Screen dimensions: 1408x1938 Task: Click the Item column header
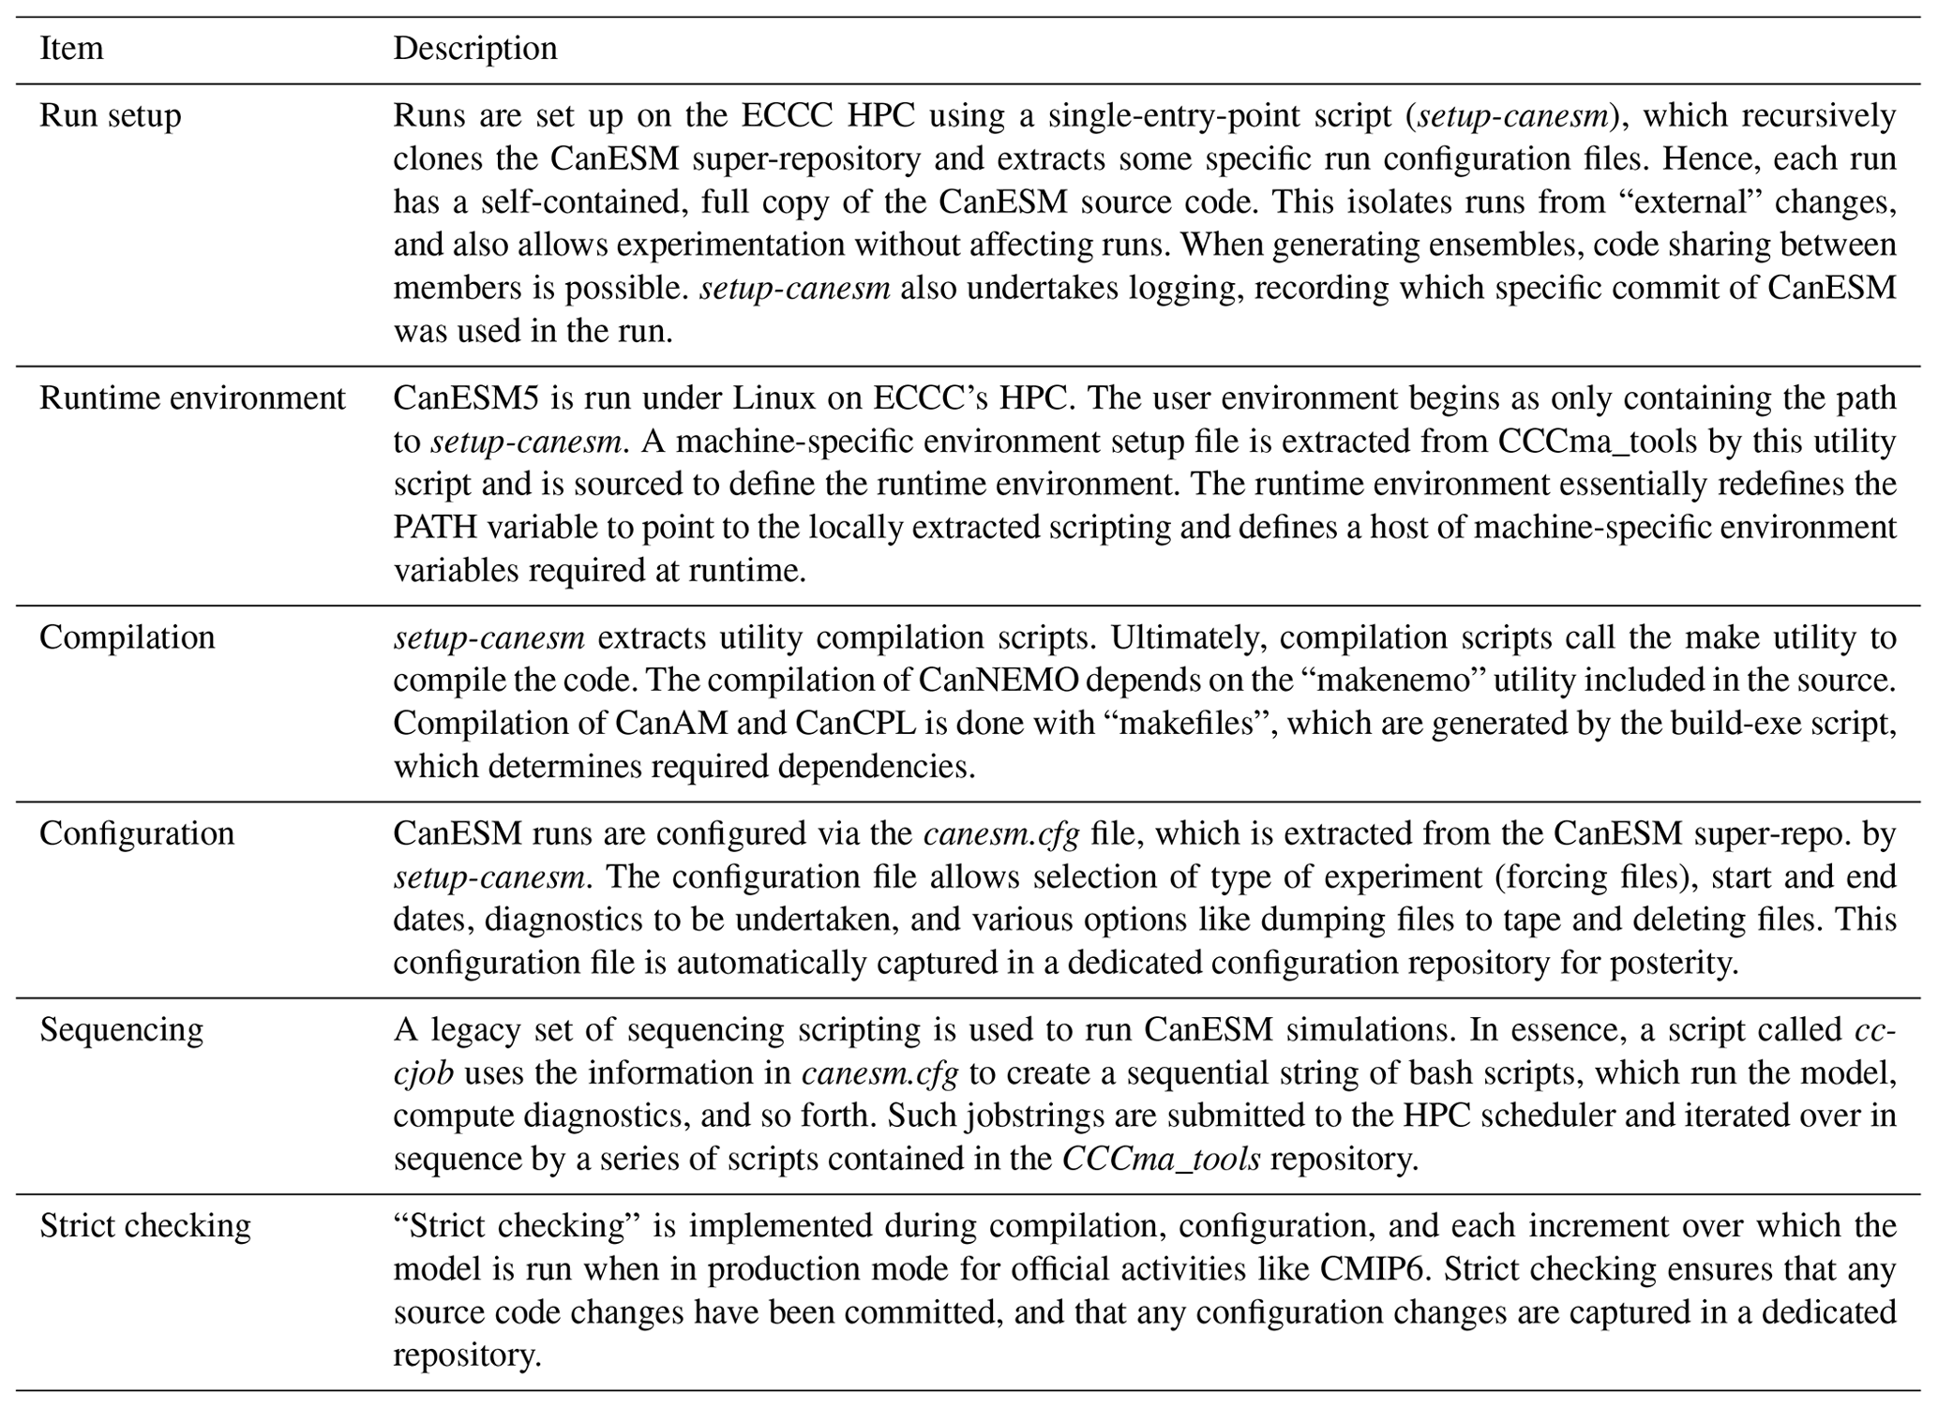point(71,48)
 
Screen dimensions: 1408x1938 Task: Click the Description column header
point(474,48)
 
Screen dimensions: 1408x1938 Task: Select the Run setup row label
point(110,116)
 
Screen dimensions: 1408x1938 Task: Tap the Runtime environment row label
point(192,398)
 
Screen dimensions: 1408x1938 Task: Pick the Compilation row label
point(127,637)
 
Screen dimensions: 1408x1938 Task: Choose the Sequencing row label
point(121,1029)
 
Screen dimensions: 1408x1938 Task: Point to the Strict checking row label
point(145,1225)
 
